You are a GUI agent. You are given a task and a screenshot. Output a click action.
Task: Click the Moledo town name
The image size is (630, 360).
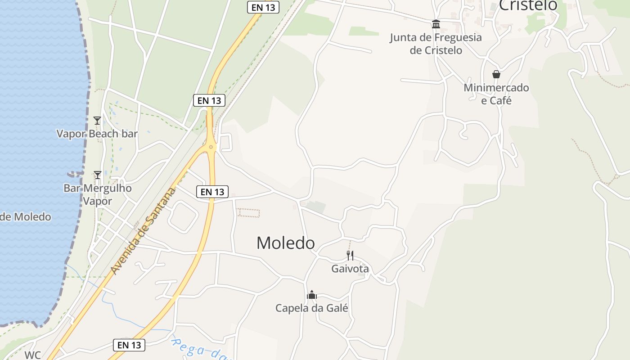pos(285,243)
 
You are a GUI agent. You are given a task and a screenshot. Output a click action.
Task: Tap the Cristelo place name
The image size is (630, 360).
pos(528,5)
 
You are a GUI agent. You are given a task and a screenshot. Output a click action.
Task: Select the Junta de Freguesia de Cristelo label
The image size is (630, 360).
pos(436,44)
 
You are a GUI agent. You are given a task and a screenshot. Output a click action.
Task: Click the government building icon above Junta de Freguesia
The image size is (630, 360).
pos(436,24)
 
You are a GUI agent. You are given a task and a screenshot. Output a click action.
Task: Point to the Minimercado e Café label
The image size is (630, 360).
pos(496,94)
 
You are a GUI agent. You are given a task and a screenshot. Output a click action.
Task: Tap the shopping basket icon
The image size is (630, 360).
pos(496,74)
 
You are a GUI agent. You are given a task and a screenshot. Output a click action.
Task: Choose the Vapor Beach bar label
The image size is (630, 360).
pos(97,134)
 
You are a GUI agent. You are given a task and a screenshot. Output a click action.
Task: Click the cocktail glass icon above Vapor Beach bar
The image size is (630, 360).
pos(97,120)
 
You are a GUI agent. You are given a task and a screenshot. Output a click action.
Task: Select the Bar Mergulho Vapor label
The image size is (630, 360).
pos(97,194)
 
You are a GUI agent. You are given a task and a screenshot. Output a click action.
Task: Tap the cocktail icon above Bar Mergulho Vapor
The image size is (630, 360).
pos(97,175)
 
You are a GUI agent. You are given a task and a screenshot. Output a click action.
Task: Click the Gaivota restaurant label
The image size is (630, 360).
pos(350,269)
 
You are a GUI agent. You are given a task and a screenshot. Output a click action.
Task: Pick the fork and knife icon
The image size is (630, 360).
pos(350,256)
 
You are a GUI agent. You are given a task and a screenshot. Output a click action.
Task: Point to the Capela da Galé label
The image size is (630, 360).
pos(311,308)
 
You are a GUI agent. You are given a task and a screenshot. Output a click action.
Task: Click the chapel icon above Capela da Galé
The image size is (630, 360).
pos(311,295)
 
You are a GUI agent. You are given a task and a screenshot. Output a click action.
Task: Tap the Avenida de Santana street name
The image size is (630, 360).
pos(143,231)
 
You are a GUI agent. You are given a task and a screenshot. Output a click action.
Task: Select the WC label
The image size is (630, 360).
pos(32,355)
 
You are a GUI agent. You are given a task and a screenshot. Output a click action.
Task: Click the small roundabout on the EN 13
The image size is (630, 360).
pos(211,147)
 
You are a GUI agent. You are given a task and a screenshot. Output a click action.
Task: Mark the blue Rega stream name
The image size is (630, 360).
pos(198,348)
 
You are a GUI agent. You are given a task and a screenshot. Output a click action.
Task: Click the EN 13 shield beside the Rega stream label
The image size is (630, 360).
pos(129,345)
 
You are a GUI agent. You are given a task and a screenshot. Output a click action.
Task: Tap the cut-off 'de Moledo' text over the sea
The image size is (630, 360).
pos(26,217)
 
